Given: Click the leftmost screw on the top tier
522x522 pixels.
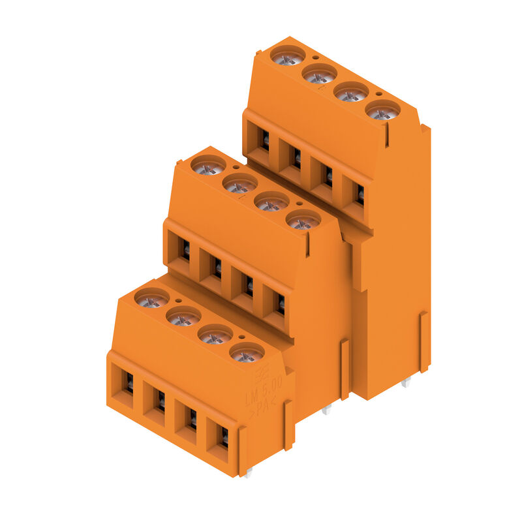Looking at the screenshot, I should pyautogui.click(x=288, y=56).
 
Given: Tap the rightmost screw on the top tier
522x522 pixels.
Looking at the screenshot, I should pyautogui.click(x=383, y=111).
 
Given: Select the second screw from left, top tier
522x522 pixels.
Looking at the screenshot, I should pyautogui.click(x=320, y=74).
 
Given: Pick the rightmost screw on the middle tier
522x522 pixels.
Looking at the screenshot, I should pyautogui.click(x=303, y=221).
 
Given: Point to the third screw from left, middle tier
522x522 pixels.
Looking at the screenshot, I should pyautogui.click(x=271, y=202).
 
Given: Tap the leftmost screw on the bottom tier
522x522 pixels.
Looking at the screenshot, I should pyautogui.click(x=152, y=299).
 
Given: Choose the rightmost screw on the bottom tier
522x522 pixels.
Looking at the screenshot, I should pyautogui.click(x=247, y=354).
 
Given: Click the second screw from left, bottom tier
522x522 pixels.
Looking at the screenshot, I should pyautogui.click(x=183, y=317).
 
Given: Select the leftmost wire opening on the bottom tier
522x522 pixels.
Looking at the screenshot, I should pyautogui.click(x=125, y=385).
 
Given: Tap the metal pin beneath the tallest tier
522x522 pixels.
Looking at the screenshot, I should pyautogui.click(x=406, y=383).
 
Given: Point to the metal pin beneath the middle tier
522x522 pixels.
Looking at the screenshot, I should pyautogui.click(x=327, y=410).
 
